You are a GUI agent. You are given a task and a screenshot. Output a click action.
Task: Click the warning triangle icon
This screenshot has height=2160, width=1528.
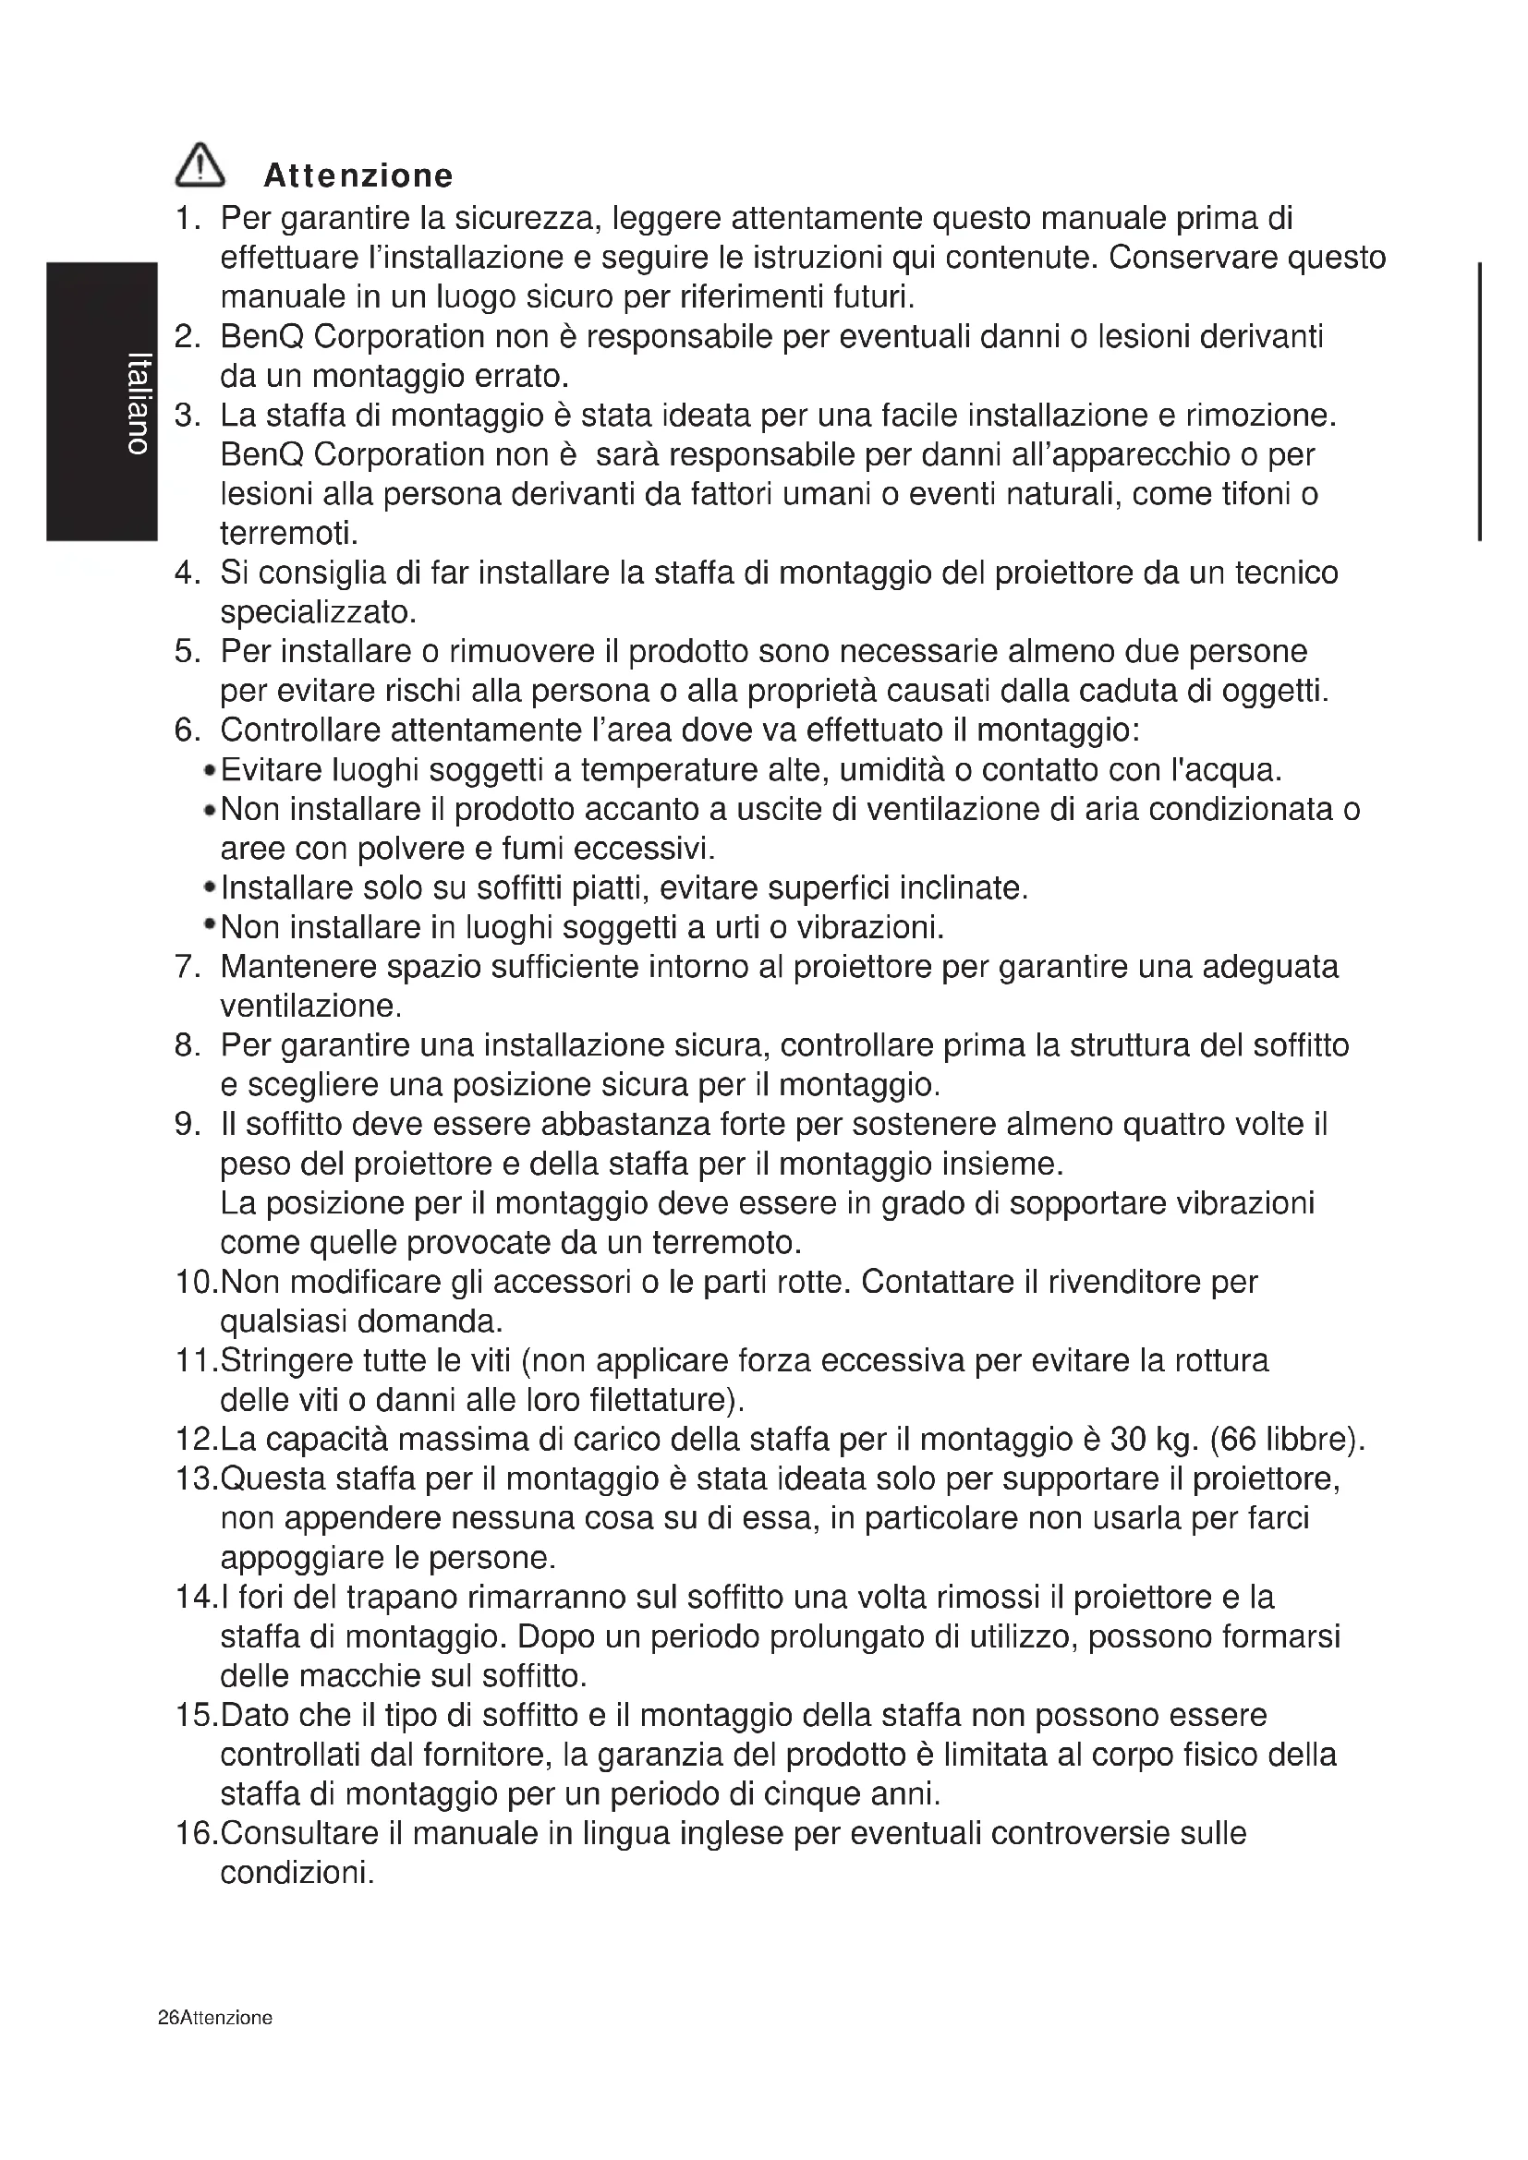200,165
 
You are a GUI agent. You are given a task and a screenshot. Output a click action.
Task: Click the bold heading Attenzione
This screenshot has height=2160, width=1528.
358,176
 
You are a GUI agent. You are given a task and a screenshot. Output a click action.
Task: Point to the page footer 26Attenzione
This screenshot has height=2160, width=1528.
215,2017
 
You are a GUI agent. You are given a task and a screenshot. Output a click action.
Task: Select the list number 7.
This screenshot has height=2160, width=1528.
185,967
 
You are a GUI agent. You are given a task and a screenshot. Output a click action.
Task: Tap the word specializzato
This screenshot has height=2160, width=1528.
318,613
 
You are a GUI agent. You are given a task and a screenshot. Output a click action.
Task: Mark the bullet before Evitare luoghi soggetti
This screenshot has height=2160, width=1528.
210,771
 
